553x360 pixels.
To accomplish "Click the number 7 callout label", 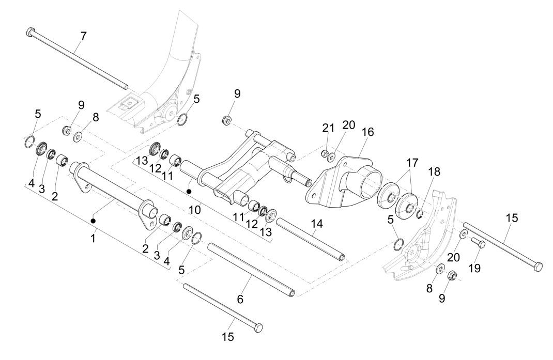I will (84, 37).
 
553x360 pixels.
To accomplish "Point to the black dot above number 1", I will (94, 221).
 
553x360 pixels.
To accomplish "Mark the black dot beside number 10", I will (190, 192).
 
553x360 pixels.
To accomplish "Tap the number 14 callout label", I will (317, 224).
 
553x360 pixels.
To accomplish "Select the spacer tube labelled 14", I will (310, 241).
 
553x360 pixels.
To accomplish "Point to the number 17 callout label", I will (412, 162).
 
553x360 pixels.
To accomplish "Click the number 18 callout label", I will (434, 173).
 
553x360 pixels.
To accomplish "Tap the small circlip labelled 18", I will (421, 213).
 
